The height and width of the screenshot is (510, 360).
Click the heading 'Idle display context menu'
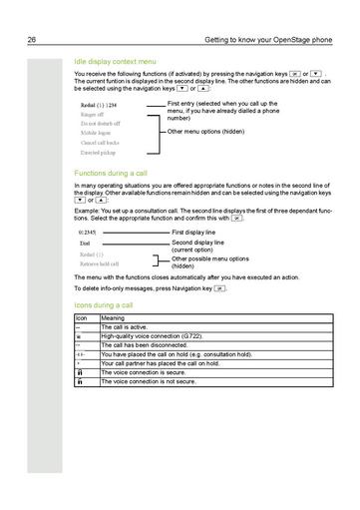(115, 61)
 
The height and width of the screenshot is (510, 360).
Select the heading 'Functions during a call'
(110, 174)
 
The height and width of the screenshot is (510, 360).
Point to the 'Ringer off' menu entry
(94, 115)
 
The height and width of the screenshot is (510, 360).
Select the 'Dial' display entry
(85, 243)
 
